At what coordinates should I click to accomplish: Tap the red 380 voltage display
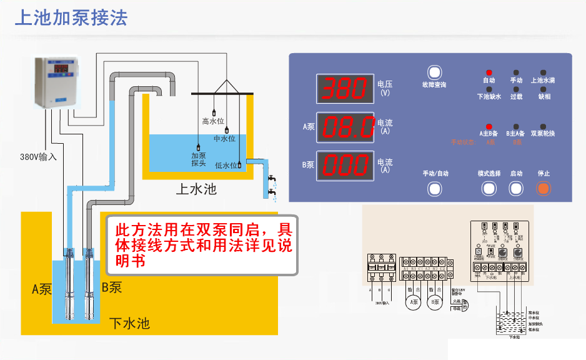345,89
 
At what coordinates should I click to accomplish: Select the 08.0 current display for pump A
345,127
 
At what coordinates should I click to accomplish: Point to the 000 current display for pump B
345,166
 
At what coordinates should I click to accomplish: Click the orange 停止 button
544,187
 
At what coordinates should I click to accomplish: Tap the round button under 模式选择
489,187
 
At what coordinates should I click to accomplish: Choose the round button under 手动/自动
435,187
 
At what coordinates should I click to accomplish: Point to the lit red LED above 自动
489,72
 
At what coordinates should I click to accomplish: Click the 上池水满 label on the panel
543,81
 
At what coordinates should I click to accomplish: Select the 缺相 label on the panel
544,97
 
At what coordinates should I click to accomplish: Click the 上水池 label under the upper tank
196,189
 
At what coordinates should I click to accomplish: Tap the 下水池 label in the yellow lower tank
129,324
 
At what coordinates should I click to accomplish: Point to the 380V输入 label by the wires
38,157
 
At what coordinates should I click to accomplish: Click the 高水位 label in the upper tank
213,121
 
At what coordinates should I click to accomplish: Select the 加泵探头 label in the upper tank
199,159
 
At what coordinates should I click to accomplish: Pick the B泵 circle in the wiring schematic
435,303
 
